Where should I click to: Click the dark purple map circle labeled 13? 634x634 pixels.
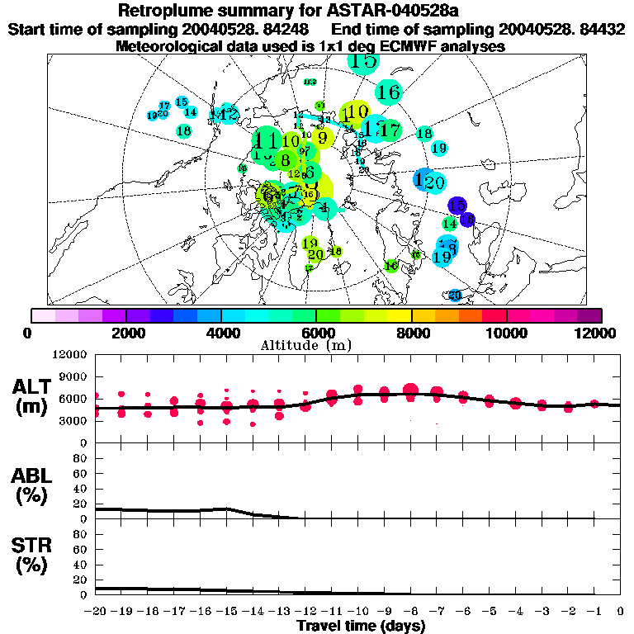click(457, 206)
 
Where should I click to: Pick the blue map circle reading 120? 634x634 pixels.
click(430, 181)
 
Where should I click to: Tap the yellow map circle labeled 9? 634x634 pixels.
click(323, 137)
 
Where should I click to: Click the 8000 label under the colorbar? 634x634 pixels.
click(411, 333)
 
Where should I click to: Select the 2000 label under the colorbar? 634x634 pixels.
click(125, 333)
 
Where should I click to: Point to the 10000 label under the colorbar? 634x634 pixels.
click(507, 333)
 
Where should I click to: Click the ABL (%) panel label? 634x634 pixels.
click(31, 485)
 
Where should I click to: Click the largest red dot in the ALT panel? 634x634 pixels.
click(410, 390)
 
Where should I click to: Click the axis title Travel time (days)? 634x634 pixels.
click(360, 626)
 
